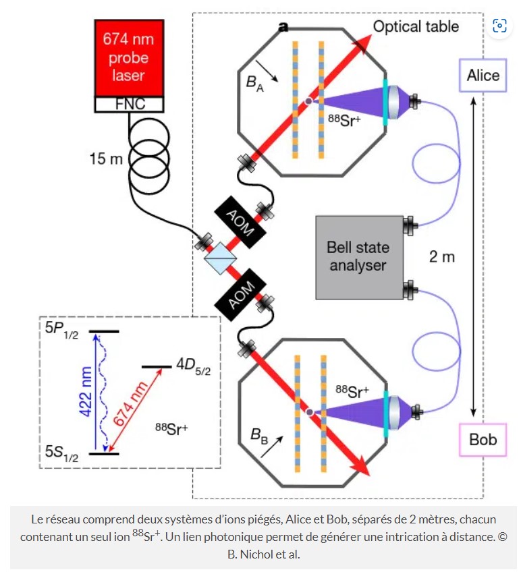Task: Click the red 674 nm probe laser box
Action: point(128,58)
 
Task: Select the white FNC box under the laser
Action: point(128,105)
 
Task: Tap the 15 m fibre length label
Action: point(107,159)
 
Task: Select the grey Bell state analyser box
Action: point(358,256)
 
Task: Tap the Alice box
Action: point(483,74)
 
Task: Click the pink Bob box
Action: point(483,439)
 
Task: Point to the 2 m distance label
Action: point(442,256)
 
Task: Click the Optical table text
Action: point(416,26)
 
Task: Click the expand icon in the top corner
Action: point(500,26)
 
